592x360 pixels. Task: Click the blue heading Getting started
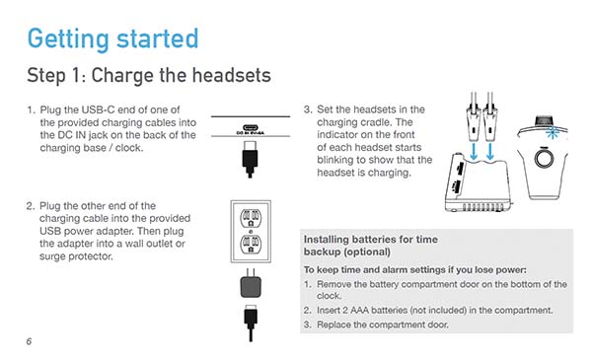tap(112, 39)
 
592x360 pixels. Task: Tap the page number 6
tap(29, 341)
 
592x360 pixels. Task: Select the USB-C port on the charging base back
tap(250, 127)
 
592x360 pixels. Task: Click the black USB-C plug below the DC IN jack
tap(250, 159)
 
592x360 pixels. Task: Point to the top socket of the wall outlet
tap(251, 218)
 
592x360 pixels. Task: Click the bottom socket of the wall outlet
tap(251, 245)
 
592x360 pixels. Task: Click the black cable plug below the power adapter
tap(251, 323)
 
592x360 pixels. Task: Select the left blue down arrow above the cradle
tap(474, 151)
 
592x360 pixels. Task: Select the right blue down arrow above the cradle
tap(490, 151)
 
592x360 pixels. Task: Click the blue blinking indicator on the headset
tap(553, 132)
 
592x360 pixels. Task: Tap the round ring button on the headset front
tap(544, 159)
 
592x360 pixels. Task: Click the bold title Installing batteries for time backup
tap(371, 246)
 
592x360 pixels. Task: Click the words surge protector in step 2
tap(76, 256)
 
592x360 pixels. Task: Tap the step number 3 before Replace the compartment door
tap(307, 324)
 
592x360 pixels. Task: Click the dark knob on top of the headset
tap(544, 121)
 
